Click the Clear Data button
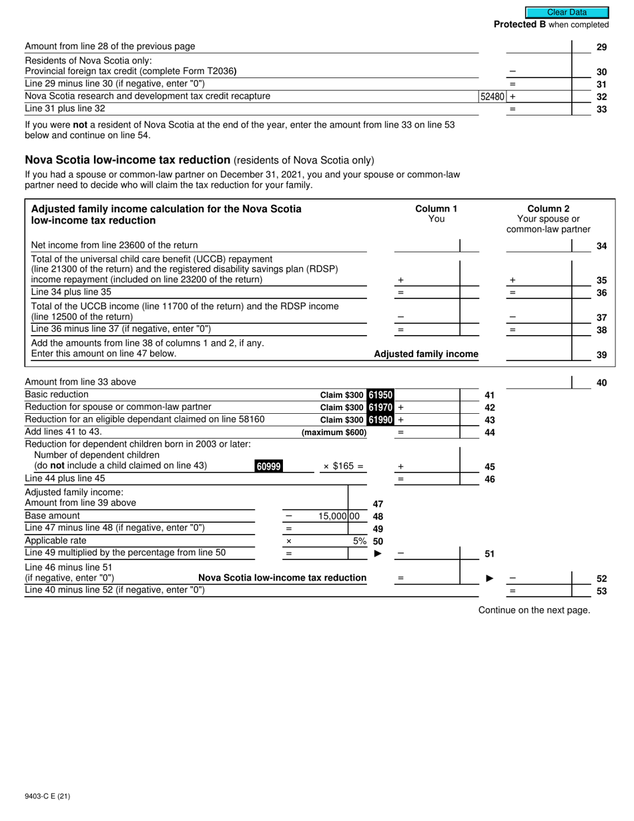pos(567,12)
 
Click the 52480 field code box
pos(492,96)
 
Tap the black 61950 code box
pos(380,395)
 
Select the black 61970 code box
pos(380,407)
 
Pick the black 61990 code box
pos(380,419)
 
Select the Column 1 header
pos(436,208)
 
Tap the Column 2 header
pos(549,208)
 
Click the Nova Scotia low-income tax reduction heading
pos(127,160)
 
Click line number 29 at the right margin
pos(601,47)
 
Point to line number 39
pos(601,355)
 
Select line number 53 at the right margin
pos(601,591)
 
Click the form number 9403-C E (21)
pos(47,796)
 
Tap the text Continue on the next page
pos(534,609)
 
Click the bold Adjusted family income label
pos(426,354)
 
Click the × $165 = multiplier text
pos(343,466)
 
